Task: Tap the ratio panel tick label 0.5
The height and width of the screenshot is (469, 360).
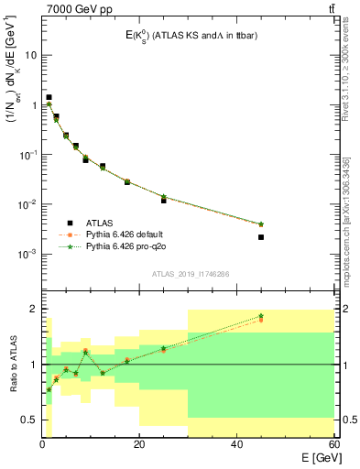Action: [28, 420]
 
